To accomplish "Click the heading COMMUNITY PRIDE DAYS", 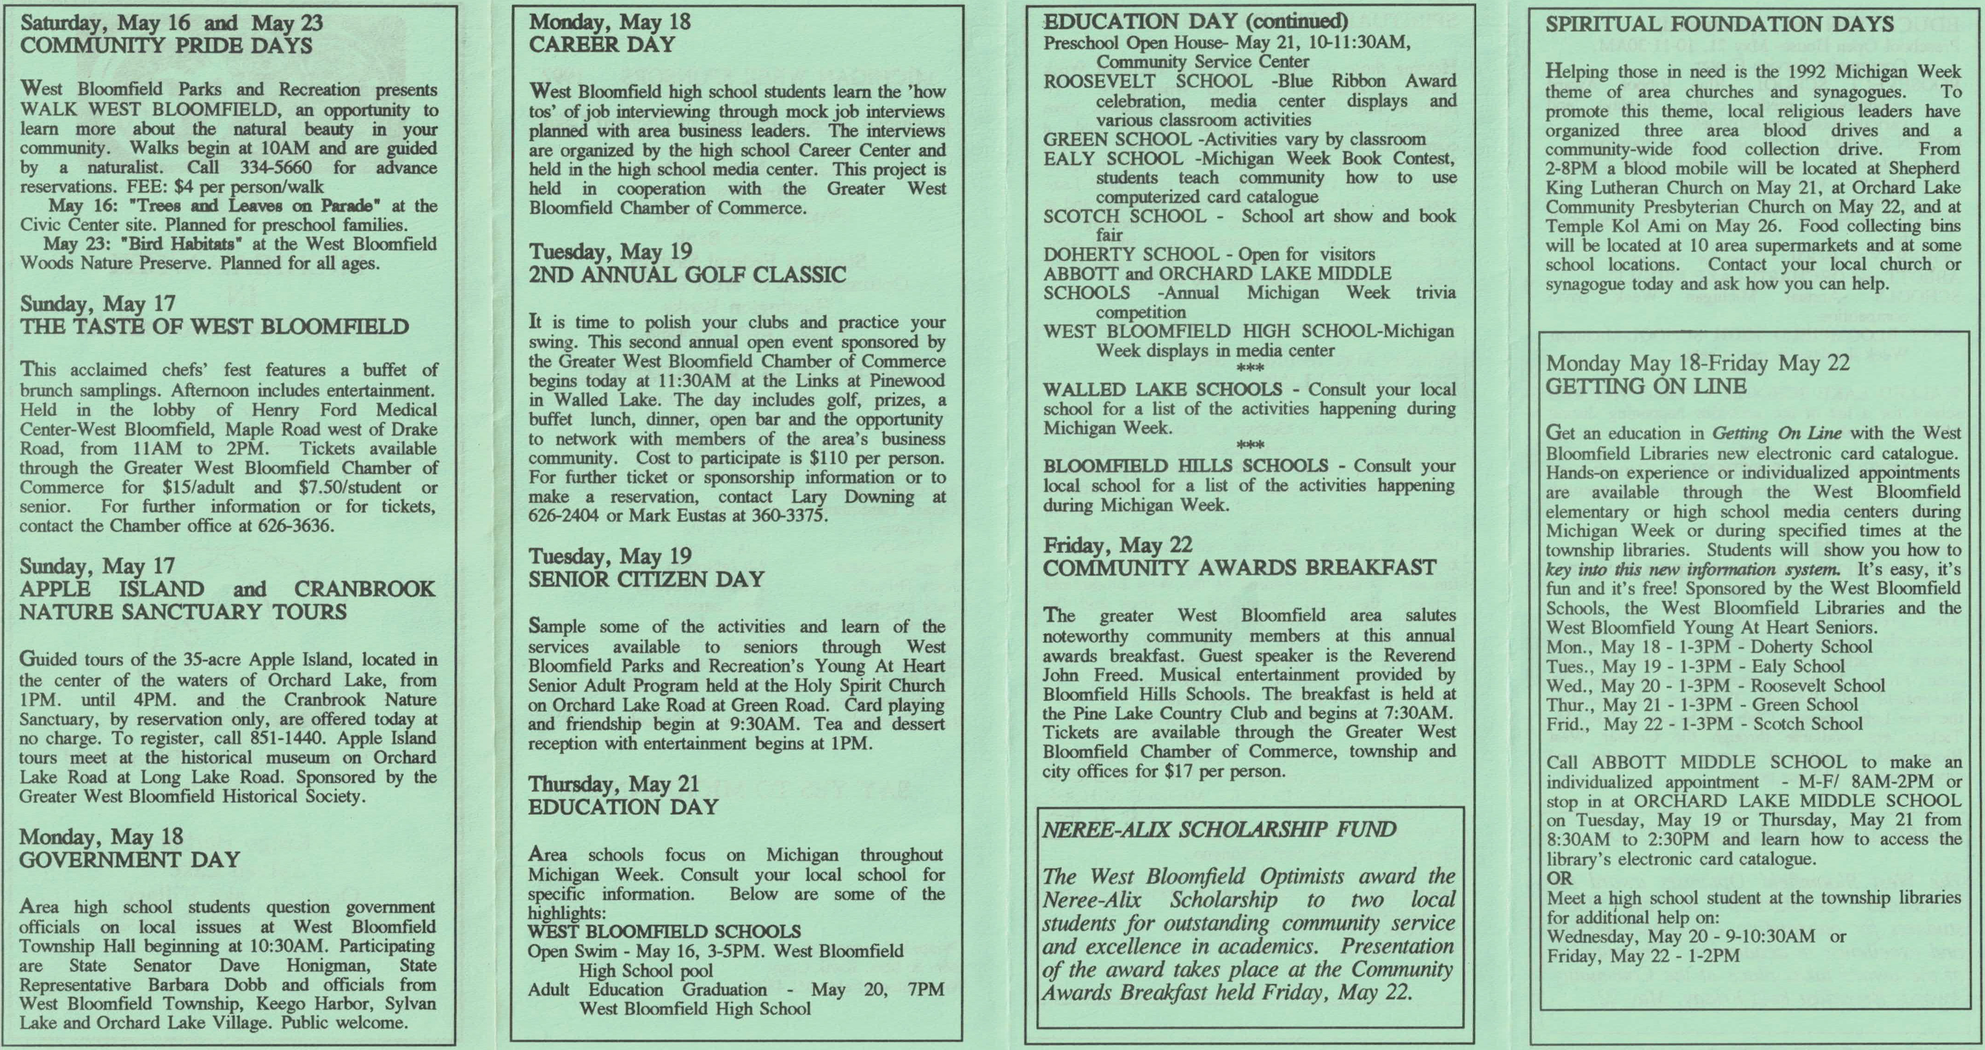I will point(166,45).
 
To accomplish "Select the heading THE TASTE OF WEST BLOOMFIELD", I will point(214,327).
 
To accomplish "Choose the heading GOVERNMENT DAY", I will point(129,859).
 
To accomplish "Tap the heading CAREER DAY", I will point(602,45).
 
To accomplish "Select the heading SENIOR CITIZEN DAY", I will point(646,579).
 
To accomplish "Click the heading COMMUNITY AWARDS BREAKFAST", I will point(1239,568).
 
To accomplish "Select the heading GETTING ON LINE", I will point(1646,386).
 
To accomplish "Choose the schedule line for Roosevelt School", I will point(1715,686).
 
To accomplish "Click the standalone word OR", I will point(1560,878).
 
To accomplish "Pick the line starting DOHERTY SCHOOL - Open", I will point(1209,254).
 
